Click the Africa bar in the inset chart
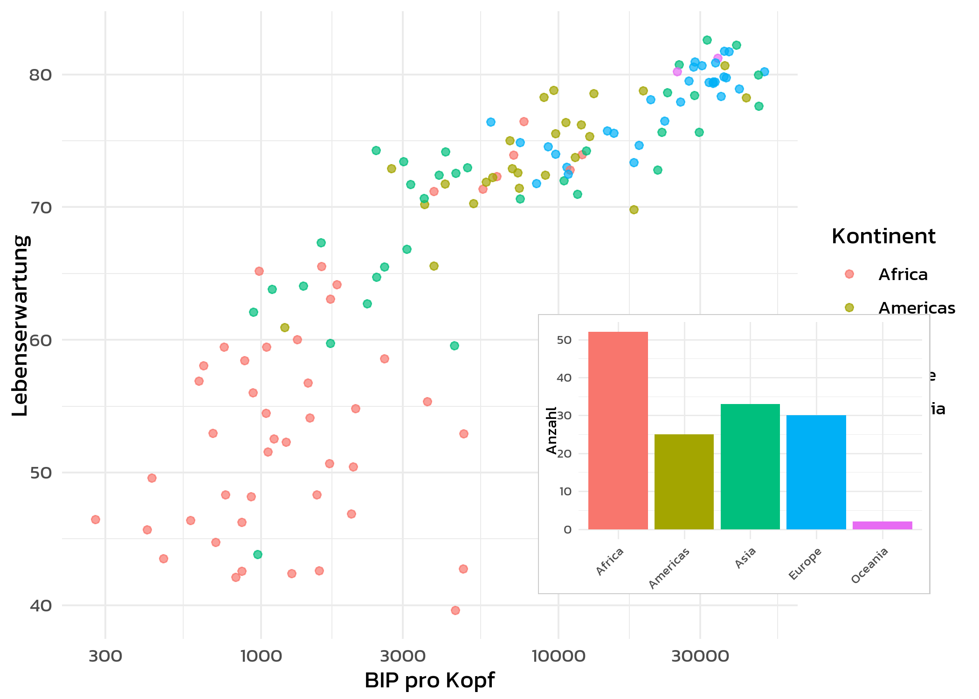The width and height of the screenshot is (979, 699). click(x=618, y=431)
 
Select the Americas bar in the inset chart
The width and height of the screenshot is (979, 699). click(x=684, y=482)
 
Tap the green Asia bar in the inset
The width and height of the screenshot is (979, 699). click(x=750, y=466)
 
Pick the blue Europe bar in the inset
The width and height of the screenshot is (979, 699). click(x=816, y=472)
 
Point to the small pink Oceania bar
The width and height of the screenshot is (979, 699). click(x=882, y=525)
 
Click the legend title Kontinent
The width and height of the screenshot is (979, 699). click(x=883, y=236)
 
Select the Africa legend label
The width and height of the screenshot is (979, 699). click(x=903, y=274)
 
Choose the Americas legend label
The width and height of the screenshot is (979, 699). click(x=917, y=308)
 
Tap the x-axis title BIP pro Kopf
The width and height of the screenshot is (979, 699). click(x=429, y=680)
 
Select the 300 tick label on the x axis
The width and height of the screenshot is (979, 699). click(x=105, y=656)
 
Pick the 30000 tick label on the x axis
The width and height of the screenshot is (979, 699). click(x=700, y=656)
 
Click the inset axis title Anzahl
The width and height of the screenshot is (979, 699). click(x=552, y=430)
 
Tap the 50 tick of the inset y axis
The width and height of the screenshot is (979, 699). click(x=564, y=340)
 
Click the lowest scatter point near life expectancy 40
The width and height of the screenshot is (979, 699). click(x=455, y=610)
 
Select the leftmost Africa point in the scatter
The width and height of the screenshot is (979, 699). click(x=96, y=520)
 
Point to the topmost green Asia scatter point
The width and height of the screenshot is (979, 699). click(x=707, y=40)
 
